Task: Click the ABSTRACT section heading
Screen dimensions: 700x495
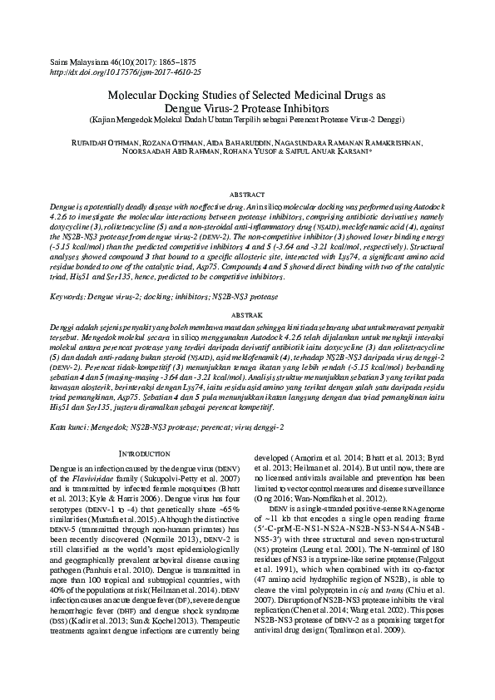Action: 247,192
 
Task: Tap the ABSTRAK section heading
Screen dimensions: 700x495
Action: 247,316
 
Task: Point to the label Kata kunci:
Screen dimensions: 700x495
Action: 70,426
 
